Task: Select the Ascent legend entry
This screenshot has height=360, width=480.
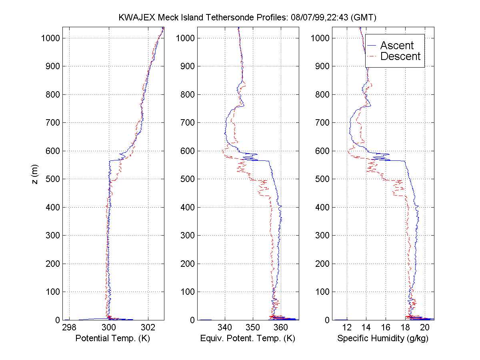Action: (397, 45)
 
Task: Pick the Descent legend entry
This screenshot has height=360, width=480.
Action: (400, 56)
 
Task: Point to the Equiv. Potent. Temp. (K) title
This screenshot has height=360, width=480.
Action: (248, 338)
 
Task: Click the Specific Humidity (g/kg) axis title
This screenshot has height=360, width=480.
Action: (383, 338)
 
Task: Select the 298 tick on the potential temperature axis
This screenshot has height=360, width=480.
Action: (69, 327)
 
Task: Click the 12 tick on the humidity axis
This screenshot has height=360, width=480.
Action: (347, 327)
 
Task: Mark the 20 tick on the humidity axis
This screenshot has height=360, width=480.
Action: (425, 327)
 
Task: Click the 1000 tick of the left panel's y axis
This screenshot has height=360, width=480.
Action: (50, 38)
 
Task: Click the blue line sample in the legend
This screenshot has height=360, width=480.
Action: (372, 45)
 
